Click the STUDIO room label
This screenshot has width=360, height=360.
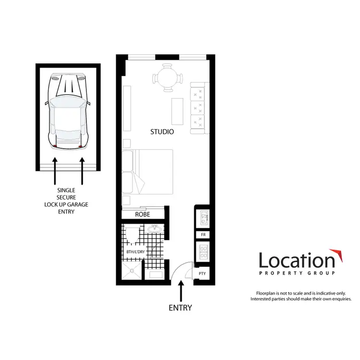coord(162,132)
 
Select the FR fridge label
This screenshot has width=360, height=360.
coord(203,235)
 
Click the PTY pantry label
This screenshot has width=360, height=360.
coord(202,273)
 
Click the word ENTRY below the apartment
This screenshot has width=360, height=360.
coord(180,308)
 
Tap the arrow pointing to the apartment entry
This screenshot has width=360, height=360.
coord(180,291)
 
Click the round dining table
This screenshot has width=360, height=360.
coord(168,77)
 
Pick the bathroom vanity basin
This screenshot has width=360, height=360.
coord(155,229)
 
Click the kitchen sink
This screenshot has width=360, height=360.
coord(203,219)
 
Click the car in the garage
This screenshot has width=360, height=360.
coord(68,110)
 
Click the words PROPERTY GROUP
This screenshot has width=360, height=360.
coord(297,273)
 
